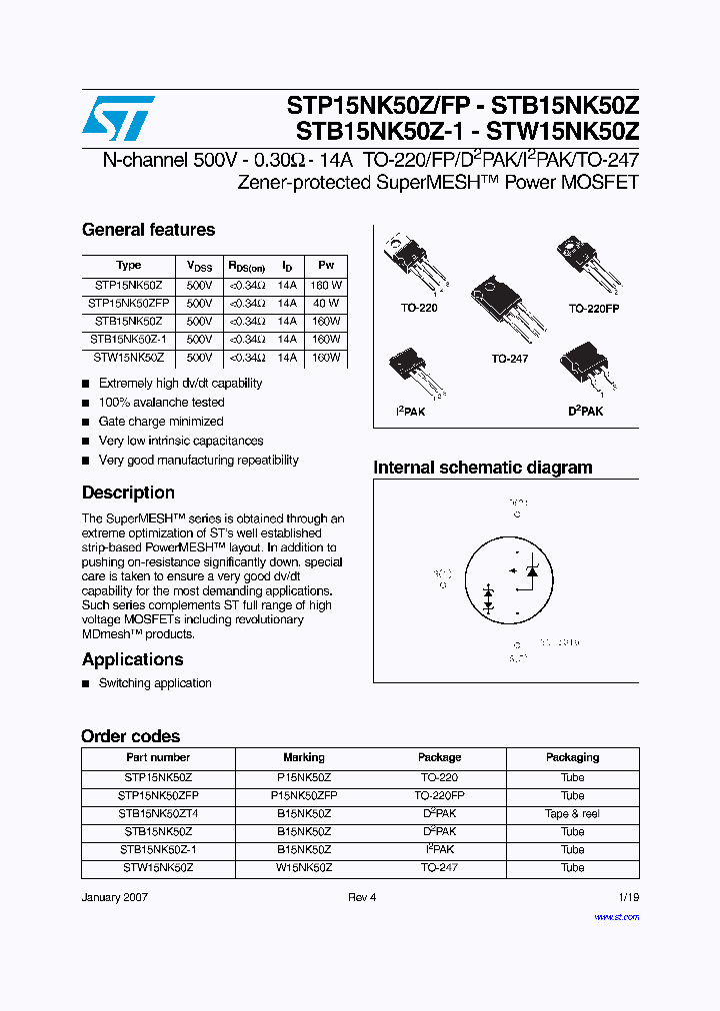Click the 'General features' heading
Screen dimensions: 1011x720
148,230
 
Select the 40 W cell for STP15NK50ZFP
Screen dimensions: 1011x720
326,303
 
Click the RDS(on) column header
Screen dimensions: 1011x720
246,267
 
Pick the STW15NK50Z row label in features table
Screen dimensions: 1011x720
129,357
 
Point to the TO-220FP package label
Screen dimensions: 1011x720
594,309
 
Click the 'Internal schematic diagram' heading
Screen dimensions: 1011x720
482,468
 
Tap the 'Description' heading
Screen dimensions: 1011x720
128,493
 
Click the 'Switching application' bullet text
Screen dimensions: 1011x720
155,683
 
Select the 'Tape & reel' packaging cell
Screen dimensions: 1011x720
572,813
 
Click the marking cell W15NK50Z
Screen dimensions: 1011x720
304,867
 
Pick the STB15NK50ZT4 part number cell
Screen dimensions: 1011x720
158,813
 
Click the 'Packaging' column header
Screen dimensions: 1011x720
572,757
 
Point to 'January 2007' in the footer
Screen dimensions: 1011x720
116,897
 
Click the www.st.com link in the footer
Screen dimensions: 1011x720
616,916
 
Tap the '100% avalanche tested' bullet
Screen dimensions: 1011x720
161,403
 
